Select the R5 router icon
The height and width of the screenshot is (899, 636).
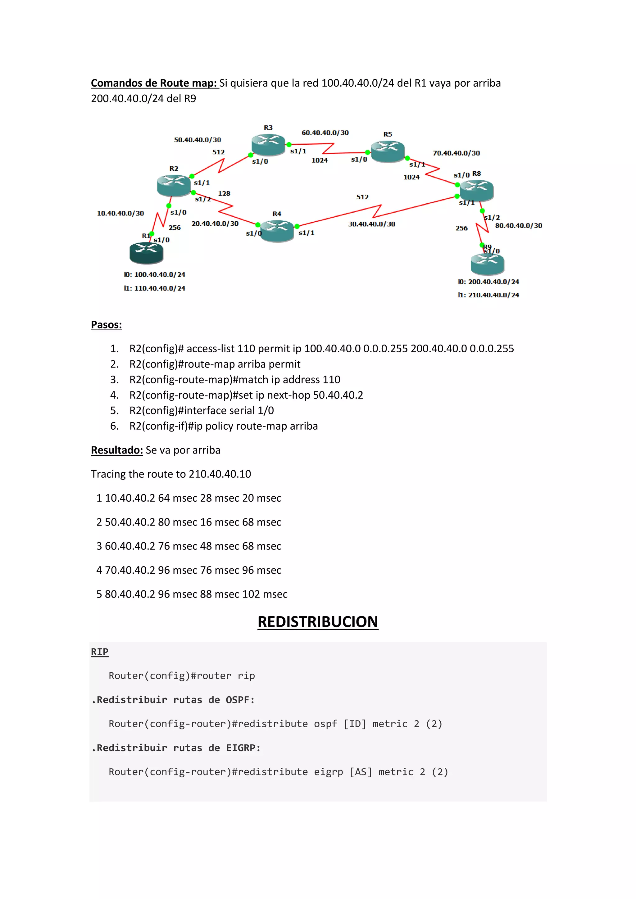click(x=388, y=151)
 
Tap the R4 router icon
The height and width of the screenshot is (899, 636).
click(x=277, y=230)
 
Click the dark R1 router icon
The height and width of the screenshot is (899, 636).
click(x=146, y=253)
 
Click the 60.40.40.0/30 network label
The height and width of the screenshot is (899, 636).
click(x=325, y=133)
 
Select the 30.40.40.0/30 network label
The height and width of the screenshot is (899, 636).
click(x=372, y=224)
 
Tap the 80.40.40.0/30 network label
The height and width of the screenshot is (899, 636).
click(x=519, y=226)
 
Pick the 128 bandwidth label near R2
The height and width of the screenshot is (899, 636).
click(x=224, y=193)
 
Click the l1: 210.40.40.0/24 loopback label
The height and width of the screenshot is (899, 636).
click(x=488, y=295)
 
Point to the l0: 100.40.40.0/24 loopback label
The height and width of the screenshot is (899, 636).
click(x=154, y=274)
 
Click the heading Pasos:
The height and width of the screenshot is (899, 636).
click(x=106, y=325)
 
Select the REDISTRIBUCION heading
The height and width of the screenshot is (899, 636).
click(x=318, y=622)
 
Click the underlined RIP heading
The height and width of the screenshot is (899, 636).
click(x=99, y=652)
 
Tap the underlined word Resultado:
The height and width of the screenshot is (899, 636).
click(x=117, y=450)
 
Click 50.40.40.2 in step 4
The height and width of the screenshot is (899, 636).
click(x=338, y=395)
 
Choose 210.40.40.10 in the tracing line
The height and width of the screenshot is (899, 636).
click(x=220, y=474)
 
